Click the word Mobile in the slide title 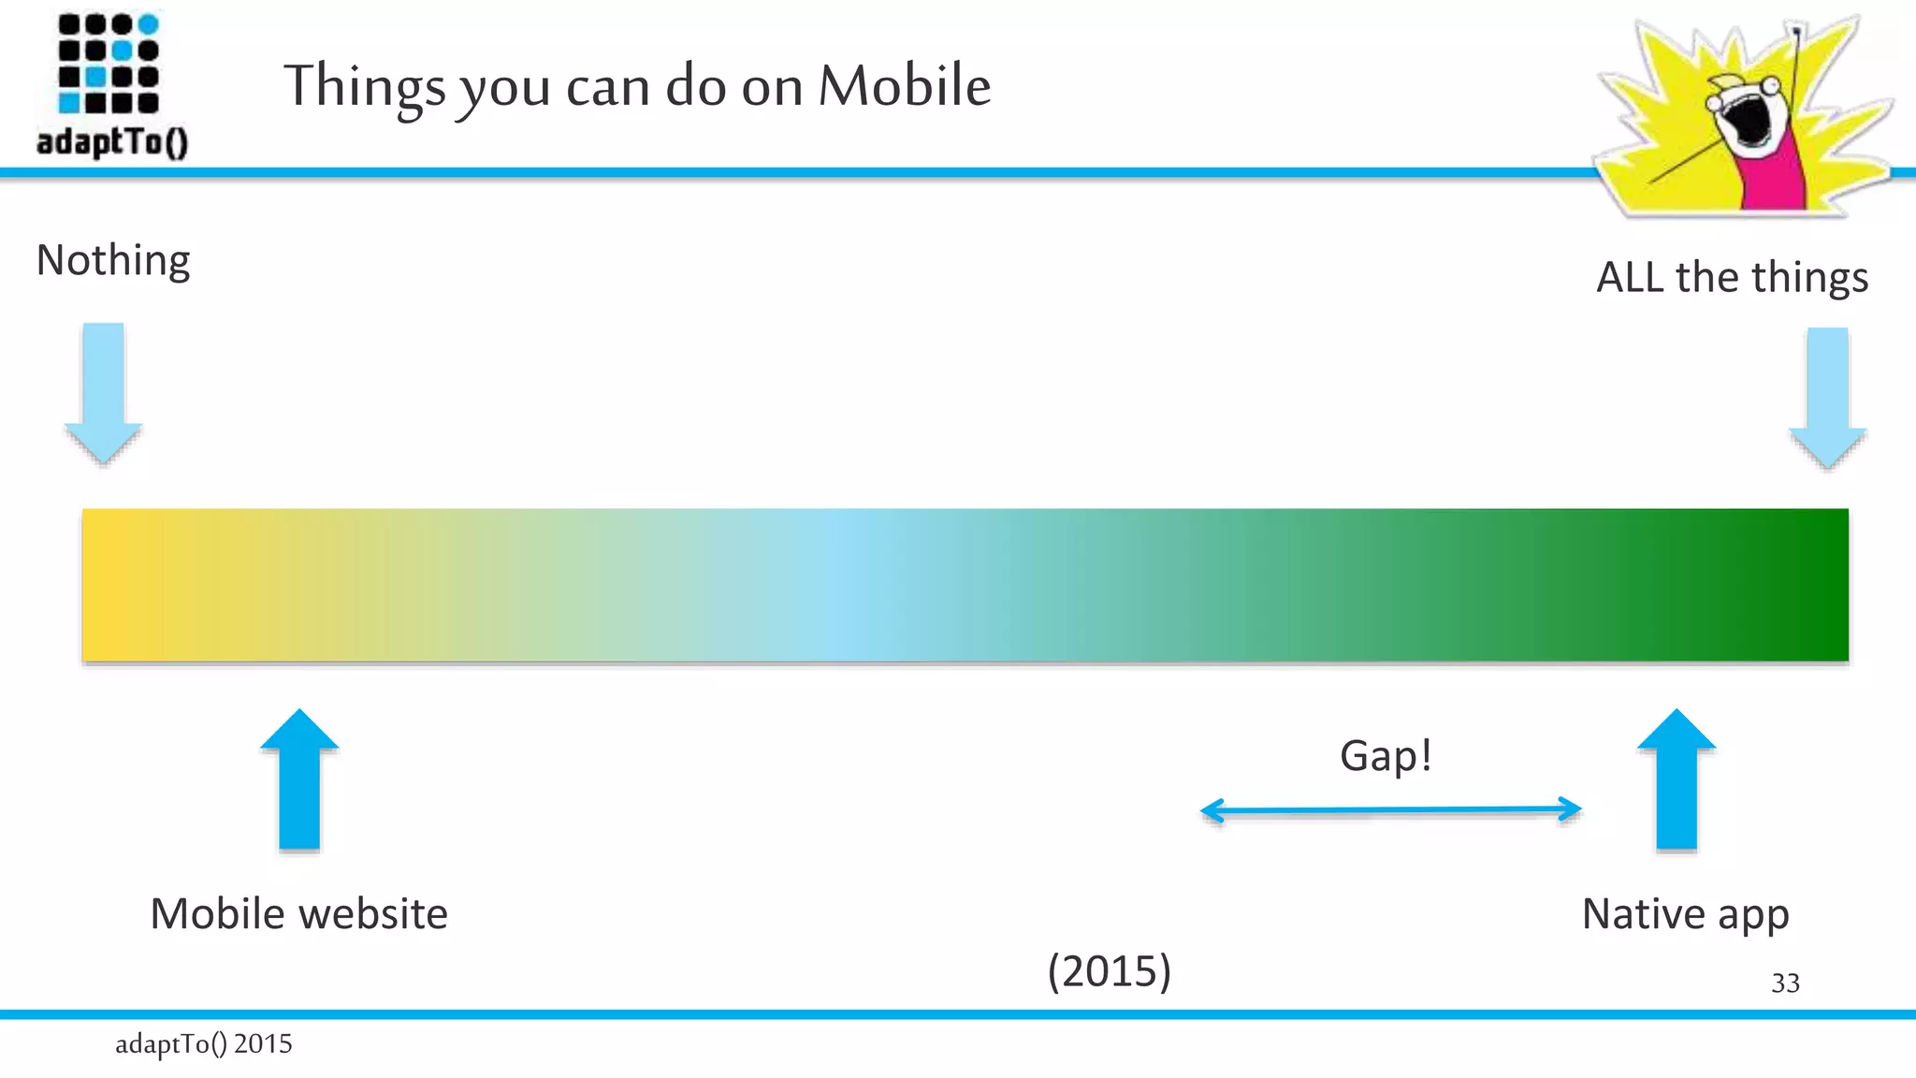point(904,86)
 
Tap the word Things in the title point(365,86)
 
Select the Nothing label point(113,260)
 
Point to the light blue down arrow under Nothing point(103,393)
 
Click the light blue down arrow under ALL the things point(1827,397)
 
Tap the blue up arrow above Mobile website point(299,779)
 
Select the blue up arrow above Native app point(1676,779)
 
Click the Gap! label point(1386,756)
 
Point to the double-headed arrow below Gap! point(1390,810)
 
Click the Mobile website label point(298,914)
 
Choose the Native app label point(1685,914)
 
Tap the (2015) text point(1109,970)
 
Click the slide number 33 point(1785,983)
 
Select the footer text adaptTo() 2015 point(203,1043)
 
